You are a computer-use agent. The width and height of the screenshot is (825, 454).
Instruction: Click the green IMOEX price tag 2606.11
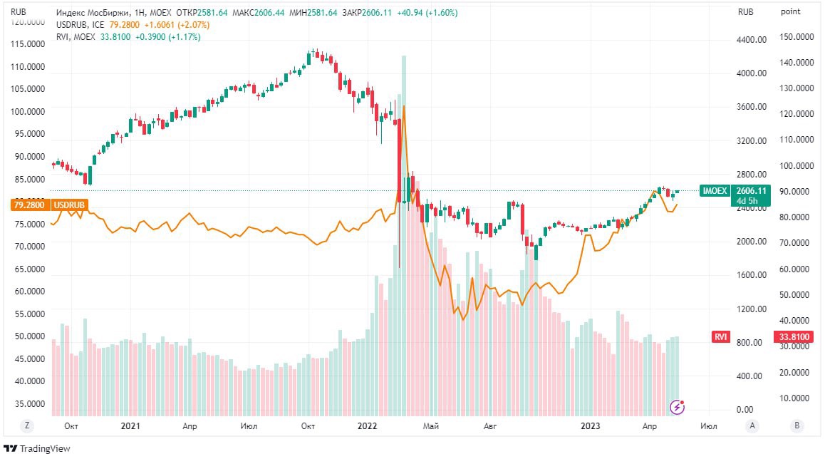click(x=752, y=190)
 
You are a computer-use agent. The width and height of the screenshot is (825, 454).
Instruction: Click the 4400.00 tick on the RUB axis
click(x=752, y=40)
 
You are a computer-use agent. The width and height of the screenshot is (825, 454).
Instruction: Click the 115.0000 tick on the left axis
click(x=26, y=43)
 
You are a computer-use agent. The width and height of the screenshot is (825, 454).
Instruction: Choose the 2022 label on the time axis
click(x=367, y=425)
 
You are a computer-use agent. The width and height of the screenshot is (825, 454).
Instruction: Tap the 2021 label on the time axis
click(x=130, y=425)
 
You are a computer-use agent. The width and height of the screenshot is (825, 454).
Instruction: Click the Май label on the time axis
click(x=430, y=425)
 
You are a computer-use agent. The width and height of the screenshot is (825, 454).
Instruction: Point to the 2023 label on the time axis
click(x=592, y=425)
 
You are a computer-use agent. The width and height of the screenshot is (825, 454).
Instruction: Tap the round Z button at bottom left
click(x=27, y=425)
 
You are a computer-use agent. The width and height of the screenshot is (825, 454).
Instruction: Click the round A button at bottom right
click(x=752, y=425)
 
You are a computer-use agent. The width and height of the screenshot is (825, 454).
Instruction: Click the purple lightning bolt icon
click(x=678, y=407)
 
